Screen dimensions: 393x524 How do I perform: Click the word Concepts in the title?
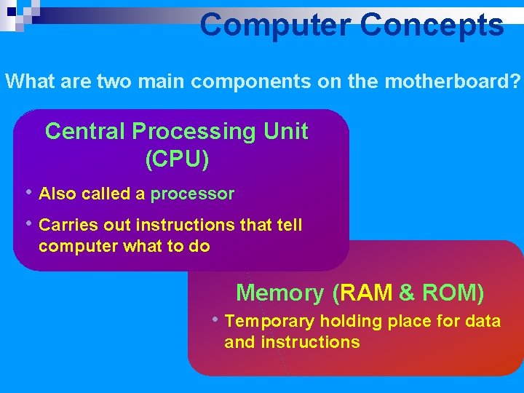[431, 25]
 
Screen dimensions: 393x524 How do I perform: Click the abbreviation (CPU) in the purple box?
[177, 159]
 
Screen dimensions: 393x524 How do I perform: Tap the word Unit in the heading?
[286, 132]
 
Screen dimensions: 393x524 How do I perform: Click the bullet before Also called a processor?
[28, 193]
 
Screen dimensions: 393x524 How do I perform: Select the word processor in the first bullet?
[192, 194]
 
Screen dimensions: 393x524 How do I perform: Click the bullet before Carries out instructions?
[28, 224]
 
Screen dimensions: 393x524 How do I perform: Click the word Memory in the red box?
[279, 293]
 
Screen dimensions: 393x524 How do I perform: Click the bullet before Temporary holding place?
[215, 320]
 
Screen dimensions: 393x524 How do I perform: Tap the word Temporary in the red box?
[269, 322]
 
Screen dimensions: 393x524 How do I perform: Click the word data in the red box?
[483, 322]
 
